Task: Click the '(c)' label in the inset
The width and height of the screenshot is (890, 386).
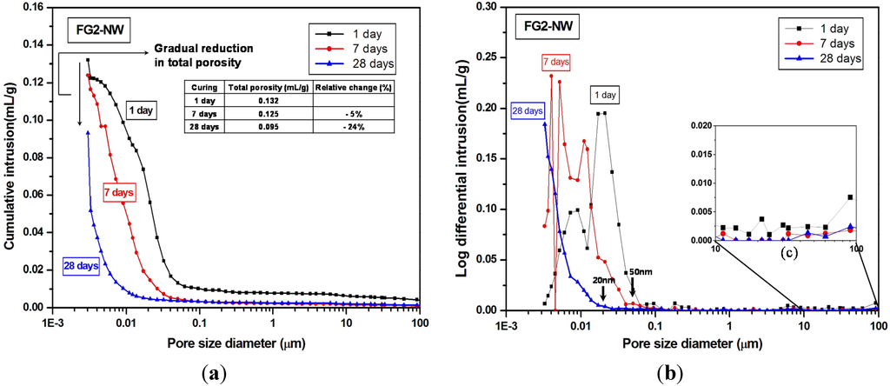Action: coord(788,255)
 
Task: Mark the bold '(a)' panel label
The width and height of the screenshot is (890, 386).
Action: coord(214,374)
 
